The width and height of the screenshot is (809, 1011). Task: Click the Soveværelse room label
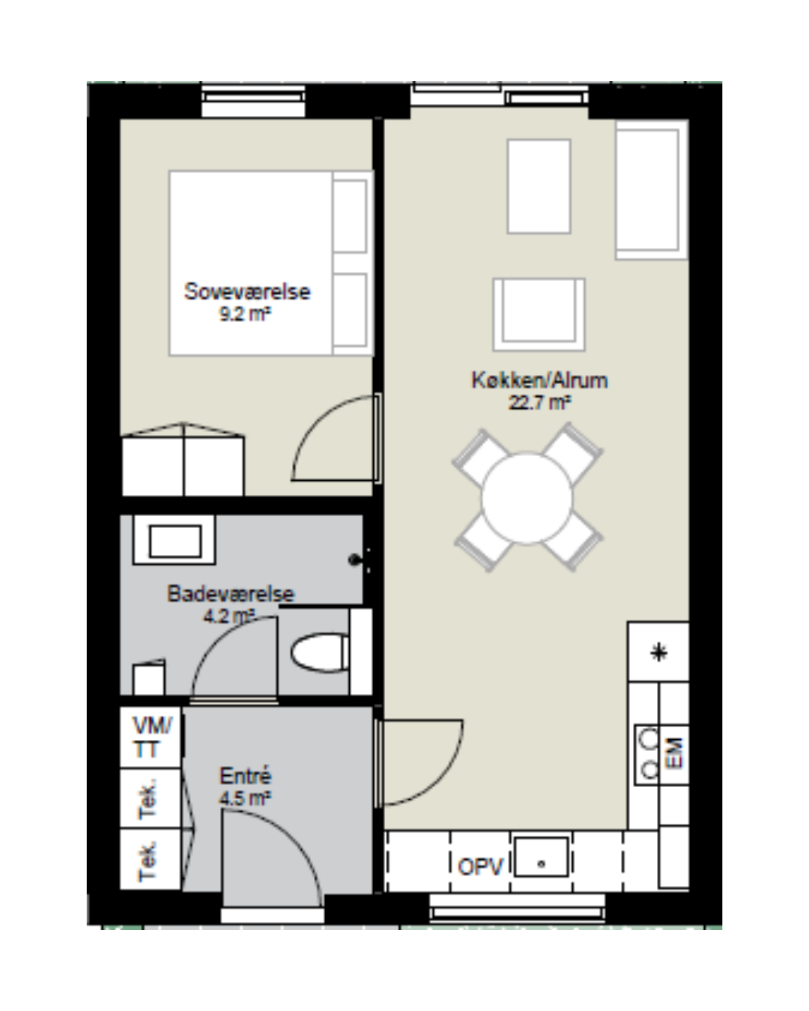coord(247,292)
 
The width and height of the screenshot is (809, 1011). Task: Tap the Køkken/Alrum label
coord(539,380)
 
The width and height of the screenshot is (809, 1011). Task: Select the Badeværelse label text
coord(231,594)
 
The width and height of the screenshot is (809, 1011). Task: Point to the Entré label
coord(246,776)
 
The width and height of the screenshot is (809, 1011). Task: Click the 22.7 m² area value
coord(539,403)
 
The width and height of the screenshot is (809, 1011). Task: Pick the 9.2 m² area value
coord(246,314)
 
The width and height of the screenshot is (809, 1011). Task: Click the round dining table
coord(527,499)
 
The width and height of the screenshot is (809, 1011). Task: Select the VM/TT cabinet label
coord(152,737)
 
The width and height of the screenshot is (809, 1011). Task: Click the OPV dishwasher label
coord(480,866)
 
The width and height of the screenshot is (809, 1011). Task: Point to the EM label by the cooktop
coord(674,753)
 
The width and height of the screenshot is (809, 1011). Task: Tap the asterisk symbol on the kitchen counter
coord(659,653)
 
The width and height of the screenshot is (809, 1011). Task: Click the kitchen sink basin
coord(541,863)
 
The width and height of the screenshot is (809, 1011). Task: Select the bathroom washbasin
coord(174,540)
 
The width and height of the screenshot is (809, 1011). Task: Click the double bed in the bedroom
coord(271,263)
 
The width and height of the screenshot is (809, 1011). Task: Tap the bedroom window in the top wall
coord(253,101)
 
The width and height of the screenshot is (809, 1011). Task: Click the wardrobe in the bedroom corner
coord(184,460)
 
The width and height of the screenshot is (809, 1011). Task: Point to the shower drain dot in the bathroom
coord(354,559)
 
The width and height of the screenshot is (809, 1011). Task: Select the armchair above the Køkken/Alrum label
coord(539,315)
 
